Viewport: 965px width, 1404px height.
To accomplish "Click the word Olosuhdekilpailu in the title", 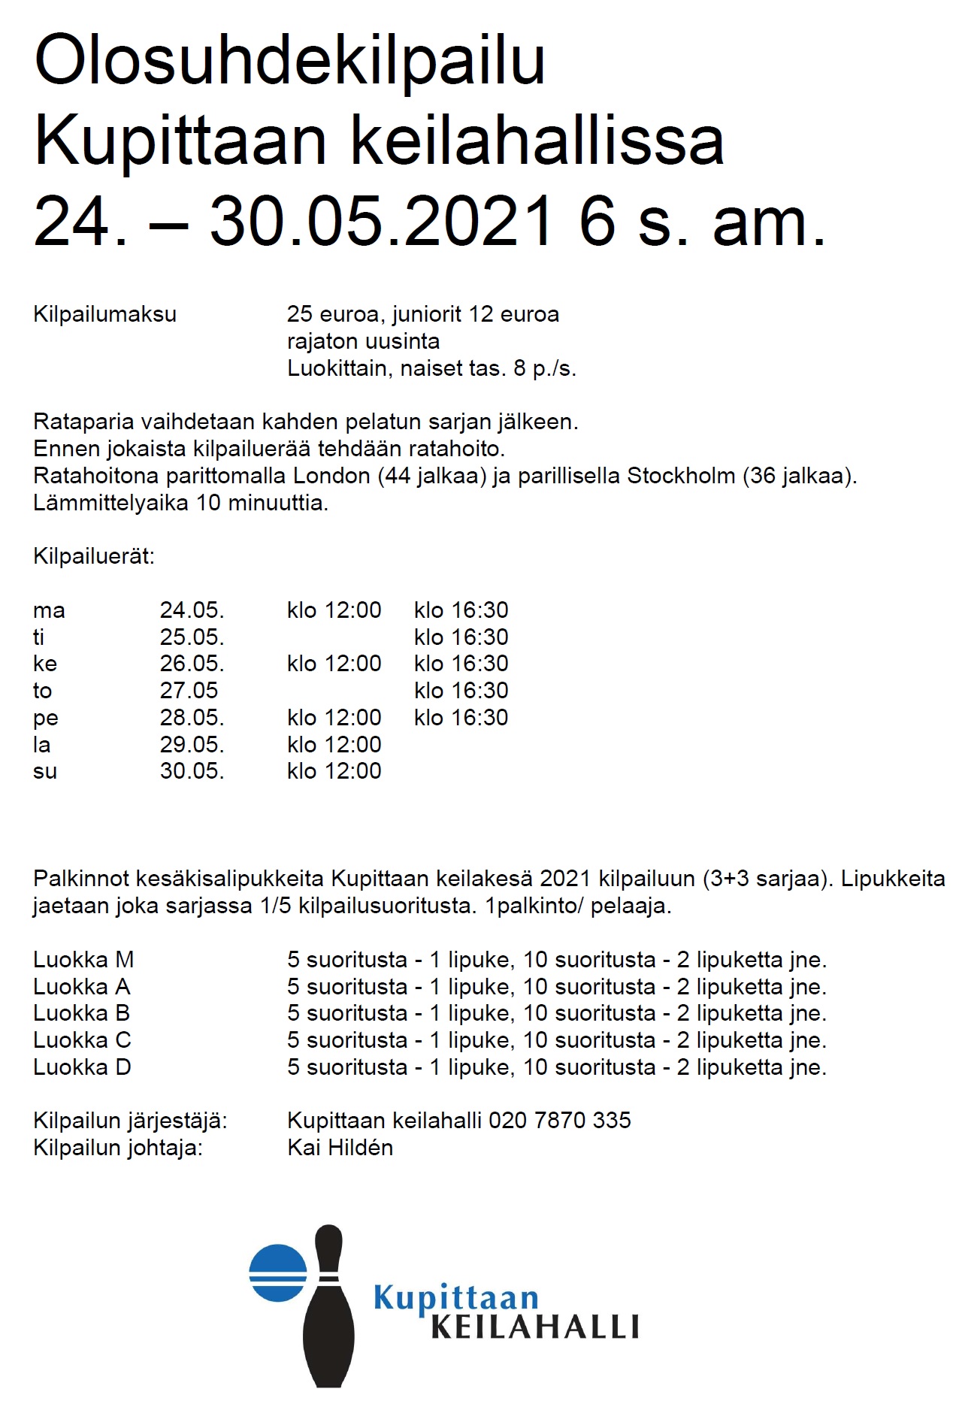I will click(289, 60).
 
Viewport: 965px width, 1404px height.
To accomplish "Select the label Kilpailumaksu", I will click(104, 314).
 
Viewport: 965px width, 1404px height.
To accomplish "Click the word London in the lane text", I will click(331, 476).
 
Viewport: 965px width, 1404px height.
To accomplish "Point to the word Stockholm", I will click(681, 476).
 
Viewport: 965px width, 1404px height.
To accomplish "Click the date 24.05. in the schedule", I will click(192, 610).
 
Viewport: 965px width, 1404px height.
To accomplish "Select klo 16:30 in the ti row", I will click(461, 637).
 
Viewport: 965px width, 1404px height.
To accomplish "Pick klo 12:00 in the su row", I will click(334, 771).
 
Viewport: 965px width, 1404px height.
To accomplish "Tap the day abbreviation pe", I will click(45, 719).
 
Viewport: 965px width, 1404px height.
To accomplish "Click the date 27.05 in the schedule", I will click(189, 691).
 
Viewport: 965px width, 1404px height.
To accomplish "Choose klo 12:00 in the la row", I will click(334, 745).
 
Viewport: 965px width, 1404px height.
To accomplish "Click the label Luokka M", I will click(83, 960).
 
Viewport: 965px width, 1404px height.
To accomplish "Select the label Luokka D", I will click(82, 1067).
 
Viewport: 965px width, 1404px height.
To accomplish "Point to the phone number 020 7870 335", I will click(559, 1121).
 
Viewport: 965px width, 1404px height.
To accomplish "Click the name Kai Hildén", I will click(340, 1148).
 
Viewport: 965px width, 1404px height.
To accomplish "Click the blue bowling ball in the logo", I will click(277, 1273).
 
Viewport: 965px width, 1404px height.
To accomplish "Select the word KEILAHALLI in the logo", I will click(534, 1327).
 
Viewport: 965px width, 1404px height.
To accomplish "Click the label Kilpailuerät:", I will click(93, 557).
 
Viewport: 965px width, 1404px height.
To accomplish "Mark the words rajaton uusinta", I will click(363, 341).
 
